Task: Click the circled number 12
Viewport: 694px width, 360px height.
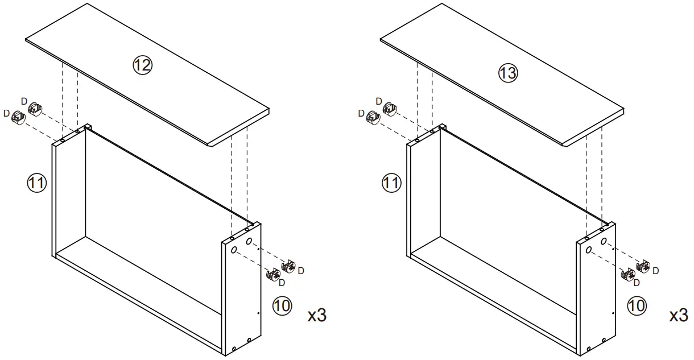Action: [x=143, y=66]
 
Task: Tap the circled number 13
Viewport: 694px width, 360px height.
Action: [x=508, y=73]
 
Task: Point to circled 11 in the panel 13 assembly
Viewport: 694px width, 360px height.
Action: [x=391, y=183]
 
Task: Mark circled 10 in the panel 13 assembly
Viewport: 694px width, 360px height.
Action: [x=637, y=305]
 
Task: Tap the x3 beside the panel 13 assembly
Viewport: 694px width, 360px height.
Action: [x=678, y=316]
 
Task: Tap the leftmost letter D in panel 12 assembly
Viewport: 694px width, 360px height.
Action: [x=6, y=113]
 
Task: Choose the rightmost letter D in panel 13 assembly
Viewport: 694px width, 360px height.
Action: [x=656, y=270]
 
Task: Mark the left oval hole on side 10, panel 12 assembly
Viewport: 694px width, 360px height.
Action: [x=234, y=250]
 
